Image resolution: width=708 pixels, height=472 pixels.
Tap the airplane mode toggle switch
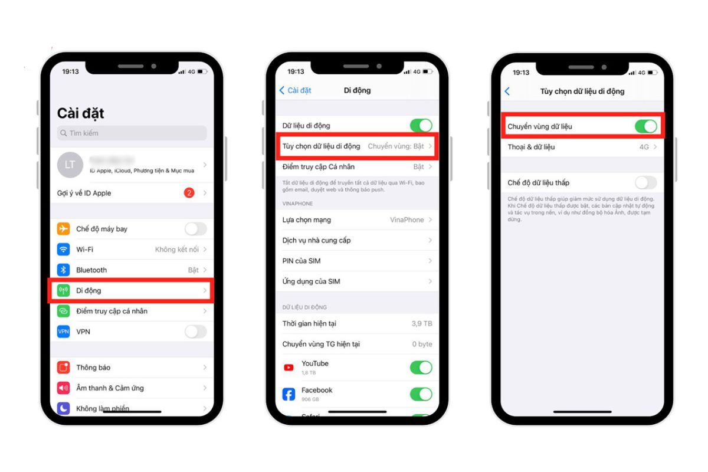click(195, 229)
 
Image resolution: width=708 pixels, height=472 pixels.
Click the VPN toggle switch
click(195, 332)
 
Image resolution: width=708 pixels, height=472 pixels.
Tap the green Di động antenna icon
click(64, 290)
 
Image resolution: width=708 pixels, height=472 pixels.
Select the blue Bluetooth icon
click(64, 270)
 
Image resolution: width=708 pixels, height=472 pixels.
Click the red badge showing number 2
click(189, 193)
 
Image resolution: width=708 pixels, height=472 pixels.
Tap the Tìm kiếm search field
click(132, 133)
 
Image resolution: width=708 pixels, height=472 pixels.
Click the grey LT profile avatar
click(70, 165)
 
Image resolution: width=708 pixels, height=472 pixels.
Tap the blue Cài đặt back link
click(295, 90)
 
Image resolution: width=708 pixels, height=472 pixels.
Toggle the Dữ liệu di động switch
click(421, 126)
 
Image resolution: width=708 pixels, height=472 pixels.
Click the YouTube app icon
click(289, 368)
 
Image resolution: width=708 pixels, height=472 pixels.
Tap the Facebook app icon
click(289, 394)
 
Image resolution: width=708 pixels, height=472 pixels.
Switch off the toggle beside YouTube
click(421, 368)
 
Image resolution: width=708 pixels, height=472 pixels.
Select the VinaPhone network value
click(407, 219)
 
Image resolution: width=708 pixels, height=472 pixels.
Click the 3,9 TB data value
click(422, 324)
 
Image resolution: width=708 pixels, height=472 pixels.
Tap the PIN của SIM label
click(301, 261)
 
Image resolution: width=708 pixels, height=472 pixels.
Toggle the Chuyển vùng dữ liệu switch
click(645, 126)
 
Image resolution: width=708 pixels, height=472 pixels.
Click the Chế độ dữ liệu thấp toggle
click(645, 182)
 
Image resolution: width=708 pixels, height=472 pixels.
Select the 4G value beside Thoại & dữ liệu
click(644, 147)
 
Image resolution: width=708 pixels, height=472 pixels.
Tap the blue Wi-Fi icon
click(64, 250)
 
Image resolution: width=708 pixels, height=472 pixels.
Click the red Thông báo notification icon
click(64, 368)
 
